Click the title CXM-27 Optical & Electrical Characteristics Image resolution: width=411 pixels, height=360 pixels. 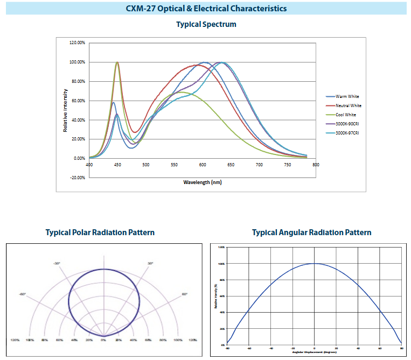(x=206, y=9)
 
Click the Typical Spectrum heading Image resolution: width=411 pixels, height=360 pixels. (x=206, y=24)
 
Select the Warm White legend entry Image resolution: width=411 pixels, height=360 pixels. (x=347, y=96)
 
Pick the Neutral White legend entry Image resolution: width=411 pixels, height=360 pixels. (x=348, y=105)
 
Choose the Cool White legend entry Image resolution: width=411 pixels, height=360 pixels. (x=346, y=115)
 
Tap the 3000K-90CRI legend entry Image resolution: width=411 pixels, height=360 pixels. (x=347, y=124)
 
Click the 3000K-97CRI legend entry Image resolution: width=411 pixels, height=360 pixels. (x=347, y=133)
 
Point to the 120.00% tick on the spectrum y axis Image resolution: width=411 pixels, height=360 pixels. (x=78, y=43)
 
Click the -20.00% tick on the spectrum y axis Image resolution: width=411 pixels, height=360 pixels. (x=78, y=178)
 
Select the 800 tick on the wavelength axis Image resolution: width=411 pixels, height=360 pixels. (x=316, y=165)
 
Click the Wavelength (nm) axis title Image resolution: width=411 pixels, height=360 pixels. (x=203, y=182)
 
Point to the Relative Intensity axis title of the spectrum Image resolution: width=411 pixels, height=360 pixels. (x=66, y=110)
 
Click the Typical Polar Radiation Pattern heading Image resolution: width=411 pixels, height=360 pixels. (x=100, y=232)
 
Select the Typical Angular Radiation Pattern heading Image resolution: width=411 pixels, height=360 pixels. (x=311, y=232)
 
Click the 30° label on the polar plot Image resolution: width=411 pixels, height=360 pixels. (x=150, y=263)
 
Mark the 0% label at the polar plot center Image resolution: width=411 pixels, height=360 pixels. (x=103, y=341)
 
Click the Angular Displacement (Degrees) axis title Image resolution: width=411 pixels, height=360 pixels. (x=314, y=352)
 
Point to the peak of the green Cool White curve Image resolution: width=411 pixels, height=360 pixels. (x=117, y=62)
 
